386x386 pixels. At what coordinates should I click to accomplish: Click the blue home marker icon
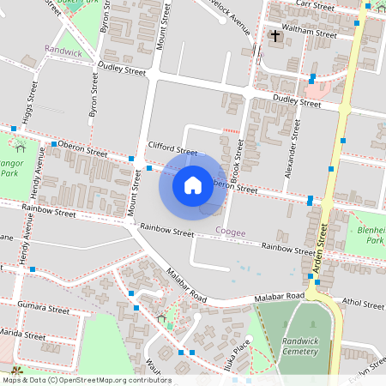(x=193, y=184)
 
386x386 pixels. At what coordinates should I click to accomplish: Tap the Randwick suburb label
(x=63, y=51)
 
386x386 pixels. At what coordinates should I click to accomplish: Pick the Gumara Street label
(x=47, y=308)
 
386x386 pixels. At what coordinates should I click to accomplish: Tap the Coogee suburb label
(x=230, y=231)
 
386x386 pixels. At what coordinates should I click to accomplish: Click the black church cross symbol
(x=275, y=35)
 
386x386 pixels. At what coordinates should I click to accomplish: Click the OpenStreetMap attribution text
(x=86, y=380)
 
